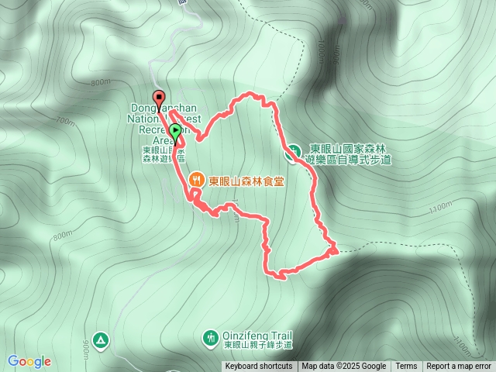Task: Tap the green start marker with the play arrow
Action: point(176,132)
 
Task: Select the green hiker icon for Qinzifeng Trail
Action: point(210,337)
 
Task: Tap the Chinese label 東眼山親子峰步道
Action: point(258,345)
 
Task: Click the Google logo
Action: point(29,361)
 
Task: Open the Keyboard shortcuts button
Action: point(259,367)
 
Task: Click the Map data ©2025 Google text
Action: point(343,367)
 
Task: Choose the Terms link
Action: point(406,367)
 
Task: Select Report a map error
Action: point(459,367)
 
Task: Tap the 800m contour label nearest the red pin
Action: point(101,82)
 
